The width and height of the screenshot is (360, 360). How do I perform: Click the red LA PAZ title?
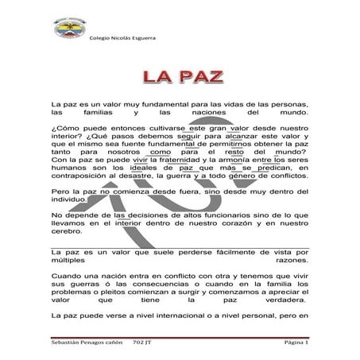[180, 77]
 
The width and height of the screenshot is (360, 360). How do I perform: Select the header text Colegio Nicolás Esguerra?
[122, 37]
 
